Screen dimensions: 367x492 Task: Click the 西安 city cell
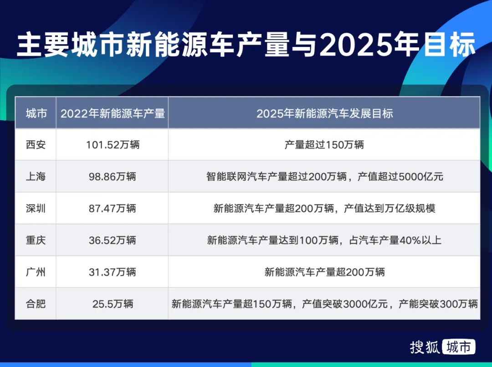pos(36,145)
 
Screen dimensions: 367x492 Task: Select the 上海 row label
pos(36,177)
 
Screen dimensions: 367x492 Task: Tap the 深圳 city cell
pos(36,209)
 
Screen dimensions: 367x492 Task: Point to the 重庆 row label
pos(36,240)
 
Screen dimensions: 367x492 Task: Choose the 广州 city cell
pos(36,272)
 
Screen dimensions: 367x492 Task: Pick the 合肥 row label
pos(36,303)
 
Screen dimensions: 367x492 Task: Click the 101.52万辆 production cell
pos(113,145)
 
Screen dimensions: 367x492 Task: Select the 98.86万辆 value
pos(113,177)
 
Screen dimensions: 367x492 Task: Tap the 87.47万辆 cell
pos(113,209)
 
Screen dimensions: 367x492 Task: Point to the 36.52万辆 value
pos(113,240)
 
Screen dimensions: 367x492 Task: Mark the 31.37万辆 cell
pos(113,272)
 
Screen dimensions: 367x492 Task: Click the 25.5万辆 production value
pos(113,303)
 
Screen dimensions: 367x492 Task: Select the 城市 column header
pos(36,113)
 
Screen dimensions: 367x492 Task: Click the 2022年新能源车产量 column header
pos(113,113)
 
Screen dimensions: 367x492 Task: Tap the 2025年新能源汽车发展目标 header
pos(324,113)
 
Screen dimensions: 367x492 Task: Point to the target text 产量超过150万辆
pos(324,145)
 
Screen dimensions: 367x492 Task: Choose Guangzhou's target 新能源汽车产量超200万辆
pos(324,272)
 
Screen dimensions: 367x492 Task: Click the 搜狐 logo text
pos(425,347)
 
